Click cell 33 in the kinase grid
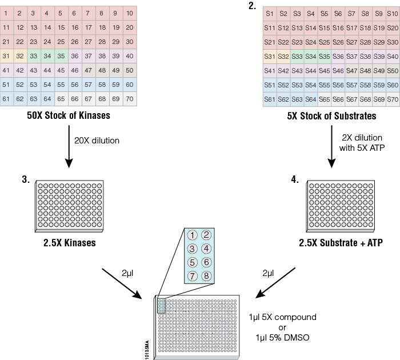click(33, 55)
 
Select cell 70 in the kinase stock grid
click(130, 99)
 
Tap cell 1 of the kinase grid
click(6, 13)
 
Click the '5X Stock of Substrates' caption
click(331, 117)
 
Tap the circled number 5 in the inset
click(193, 262)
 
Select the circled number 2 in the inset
click(206, 234)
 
